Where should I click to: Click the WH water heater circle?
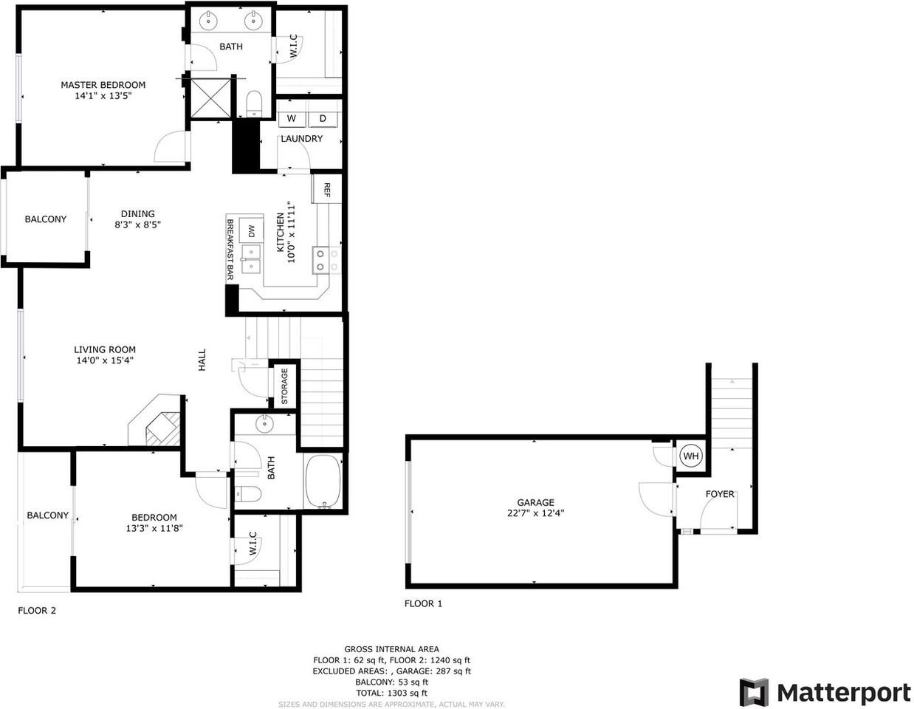(x=690, y=456)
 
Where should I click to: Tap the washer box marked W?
(x=291, y=119)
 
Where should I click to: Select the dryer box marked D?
(x=323, y=119)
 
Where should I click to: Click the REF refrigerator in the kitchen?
(x=326, y=189)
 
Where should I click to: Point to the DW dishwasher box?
(x=251, y=231)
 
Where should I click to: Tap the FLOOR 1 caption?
(x=423, y=604)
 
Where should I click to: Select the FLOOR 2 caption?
(x=37, y=611)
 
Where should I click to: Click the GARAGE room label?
(x=535, y=502)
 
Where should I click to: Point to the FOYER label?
(x=720, y=494)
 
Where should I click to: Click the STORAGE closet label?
(x=284, y=386)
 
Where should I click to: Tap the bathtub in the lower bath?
(x=323, y=482)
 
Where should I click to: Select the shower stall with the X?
(x=210, y=98)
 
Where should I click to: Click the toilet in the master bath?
(x=254, y=103)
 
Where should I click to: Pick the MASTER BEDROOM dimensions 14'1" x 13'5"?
(x=103, y=96)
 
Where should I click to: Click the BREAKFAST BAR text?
(x=230, y=250)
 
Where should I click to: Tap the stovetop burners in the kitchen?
(x=327, y=261)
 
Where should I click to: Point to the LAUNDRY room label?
(x=301, y=138)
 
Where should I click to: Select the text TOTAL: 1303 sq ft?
(x=391, y=693)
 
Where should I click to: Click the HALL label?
(x=202, y=360)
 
